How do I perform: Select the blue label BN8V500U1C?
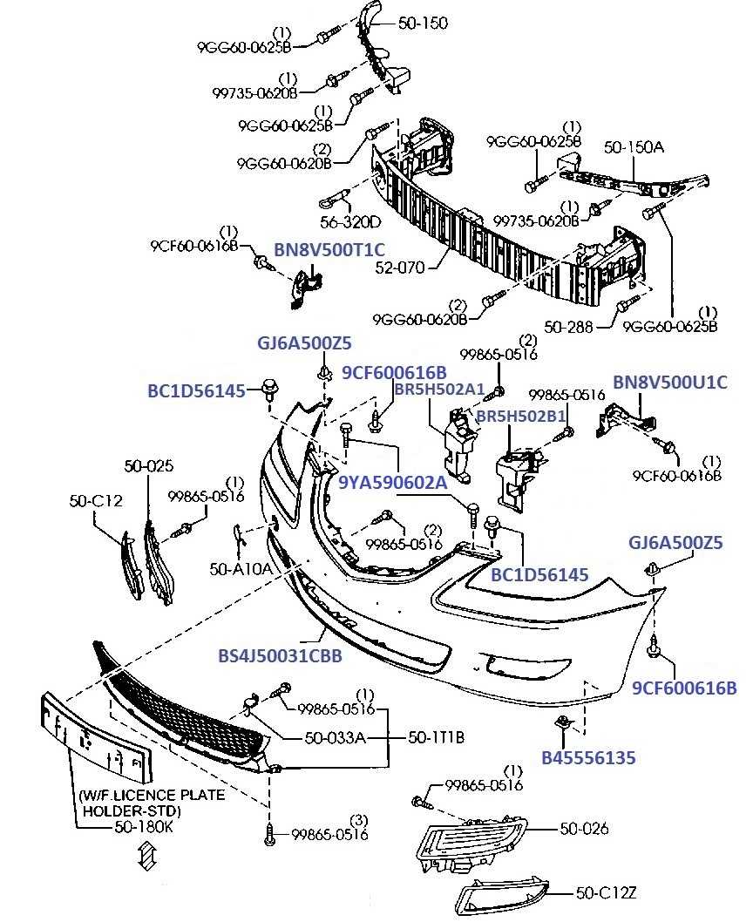[x=669, y=382]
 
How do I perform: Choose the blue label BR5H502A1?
[x=438, y=388]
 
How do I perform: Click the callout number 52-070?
[x=401, y=268]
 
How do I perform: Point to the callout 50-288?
[x=568, y=327]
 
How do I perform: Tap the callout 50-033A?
[x=335, y=738]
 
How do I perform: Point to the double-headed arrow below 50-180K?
[x=146, y=858]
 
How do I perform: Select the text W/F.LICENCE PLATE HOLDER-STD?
[x=151, y=803]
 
